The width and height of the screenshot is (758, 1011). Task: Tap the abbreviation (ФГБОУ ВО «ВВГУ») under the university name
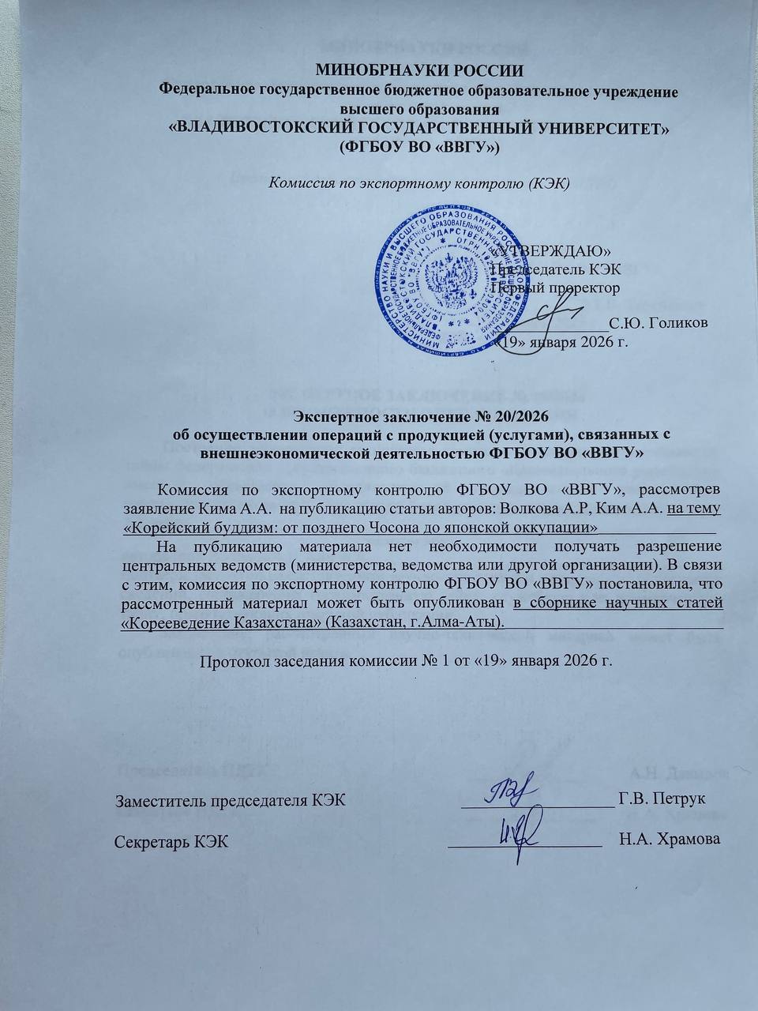click(x=419, y=147)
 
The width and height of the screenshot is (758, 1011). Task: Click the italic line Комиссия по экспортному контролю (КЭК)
click(x=419, y=182)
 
